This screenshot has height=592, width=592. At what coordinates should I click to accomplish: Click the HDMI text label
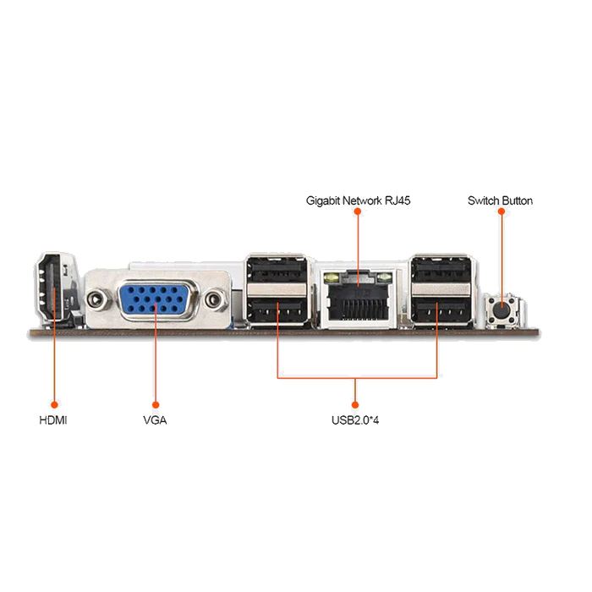pos(53,419)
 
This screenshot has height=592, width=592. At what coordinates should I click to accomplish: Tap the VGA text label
pos(156,419)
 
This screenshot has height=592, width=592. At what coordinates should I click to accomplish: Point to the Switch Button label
pos(500,201)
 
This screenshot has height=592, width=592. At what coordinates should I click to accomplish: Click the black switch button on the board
pos(502,310)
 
